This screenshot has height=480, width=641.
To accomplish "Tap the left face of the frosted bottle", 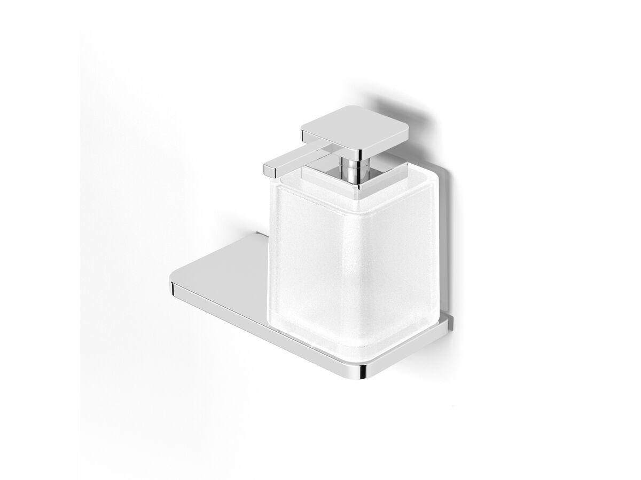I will (x=315, y=256).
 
